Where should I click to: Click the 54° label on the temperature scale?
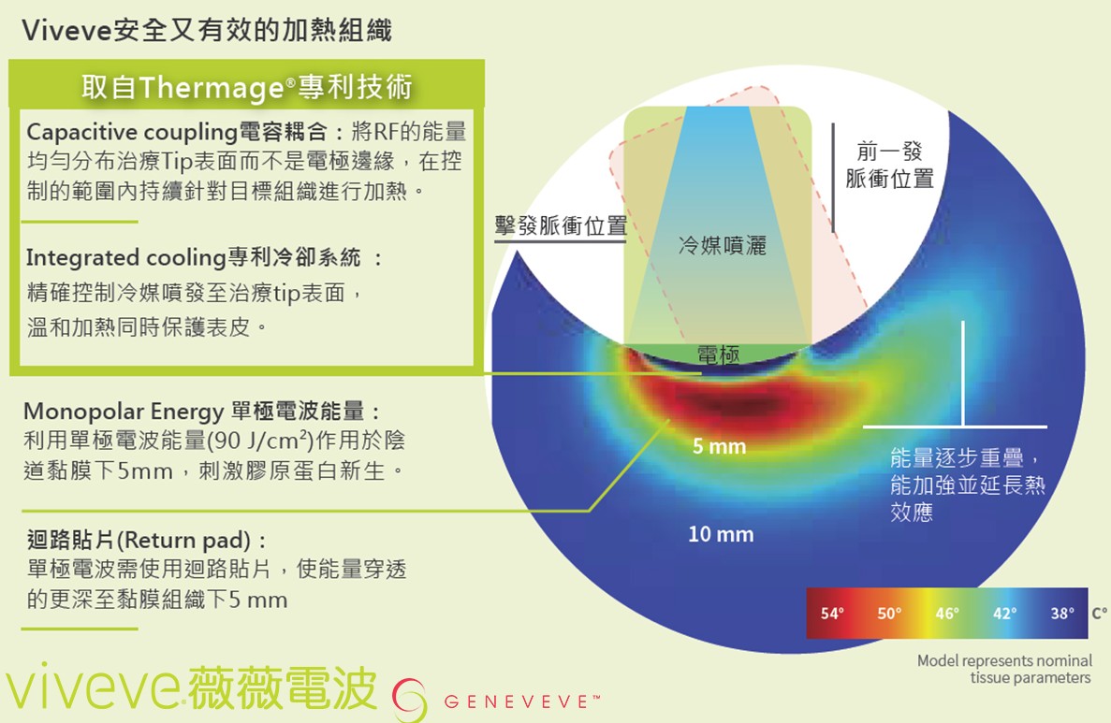click(832, 614)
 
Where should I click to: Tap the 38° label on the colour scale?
click(1061, 614)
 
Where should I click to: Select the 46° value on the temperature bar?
click(946, 614)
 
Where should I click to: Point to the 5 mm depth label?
click(719, 446)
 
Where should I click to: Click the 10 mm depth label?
click(721, 534)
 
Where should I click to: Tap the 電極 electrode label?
click(719, 354)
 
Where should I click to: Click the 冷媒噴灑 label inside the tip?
click(722, 246)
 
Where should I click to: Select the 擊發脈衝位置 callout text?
click(561, 226)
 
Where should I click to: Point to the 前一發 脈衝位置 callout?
click(889, 165)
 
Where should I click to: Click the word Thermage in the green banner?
click(212, 88)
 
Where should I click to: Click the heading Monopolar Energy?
click(124, 412)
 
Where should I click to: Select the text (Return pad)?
click(183, 541)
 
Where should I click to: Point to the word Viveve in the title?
click(66, 31)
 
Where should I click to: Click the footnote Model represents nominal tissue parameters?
click(1004, 669)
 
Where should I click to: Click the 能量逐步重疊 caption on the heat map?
click(958, 457)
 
